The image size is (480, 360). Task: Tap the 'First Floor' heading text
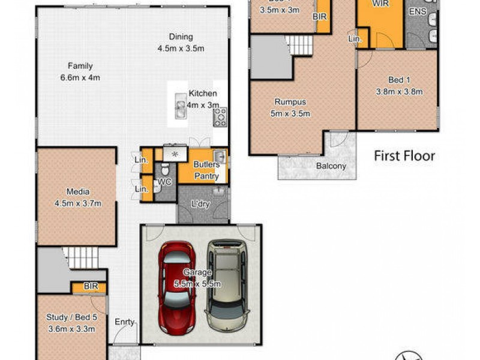(404, 156)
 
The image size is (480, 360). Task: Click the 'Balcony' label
(332, 166)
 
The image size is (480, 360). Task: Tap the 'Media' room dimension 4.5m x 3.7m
(78, 203)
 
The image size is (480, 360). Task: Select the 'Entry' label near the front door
(124, 322)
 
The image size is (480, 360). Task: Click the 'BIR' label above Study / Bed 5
(91, 287)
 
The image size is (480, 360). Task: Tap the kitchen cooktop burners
(220, 116)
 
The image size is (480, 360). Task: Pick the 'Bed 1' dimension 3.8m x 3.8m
(399, 92)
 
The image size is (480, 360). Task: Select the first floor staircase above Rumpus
(299, 44)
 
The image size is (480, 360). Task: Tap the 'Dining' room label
(181, 37)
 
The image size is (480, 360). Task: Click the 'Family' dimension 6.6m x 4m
(80, 77)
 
